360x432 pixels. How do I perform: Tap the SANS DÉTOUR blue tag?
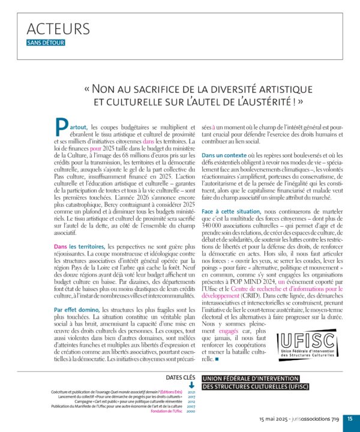click(x=46, y=43)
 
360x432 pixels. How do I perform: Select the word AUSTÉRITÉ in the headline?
click(x=253, y=101)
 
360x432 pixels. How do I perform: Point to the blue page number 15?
click(x=350, y=419)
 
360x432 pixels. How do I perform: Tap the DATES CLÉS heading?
click(x=179, y=377)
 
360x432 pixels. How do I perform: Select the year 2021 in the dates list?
click(x=191, y=391)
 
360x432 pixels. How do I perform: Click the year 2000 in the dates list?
click(x=191, y=412)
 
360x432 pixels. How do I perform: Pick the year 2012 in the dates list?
click(x=191, y=401)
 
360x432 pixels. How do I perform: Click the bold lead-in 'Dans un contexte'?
click(x=224, y=155)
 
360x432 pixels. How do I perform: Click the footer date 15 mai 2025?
click(x=274, y=420)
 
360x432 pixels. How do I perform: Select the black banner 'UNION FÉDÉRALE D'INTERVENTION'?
click(x=250, y=379)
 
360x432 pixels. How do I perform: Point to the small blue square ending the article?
click(x=217, y=359)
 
